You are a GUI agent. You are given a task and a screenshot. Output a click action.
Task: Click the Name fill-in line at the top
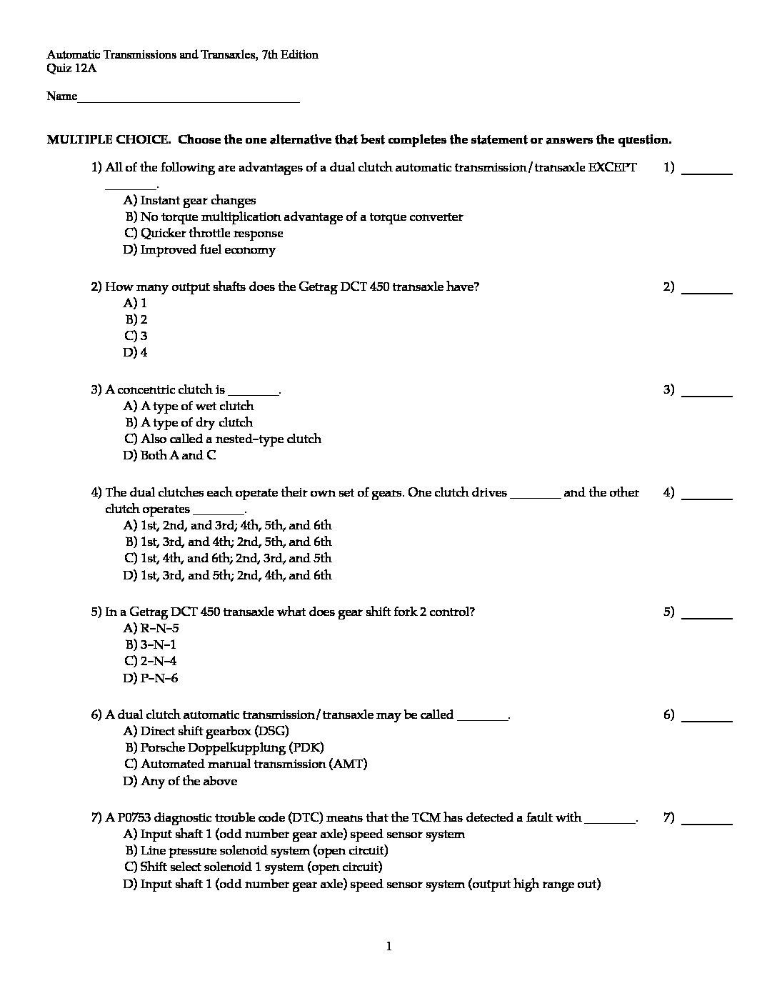189,100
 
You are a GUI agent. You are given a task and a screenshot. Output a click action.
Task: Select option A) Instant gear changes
189,201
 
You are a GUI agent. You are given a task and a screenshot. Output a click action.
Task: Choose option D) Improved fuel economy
199,250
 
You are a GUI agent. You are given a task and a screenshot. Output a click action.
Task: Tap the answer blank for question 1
707,172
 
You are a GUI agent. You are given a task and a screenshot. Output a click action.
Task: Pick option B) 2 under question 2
136,320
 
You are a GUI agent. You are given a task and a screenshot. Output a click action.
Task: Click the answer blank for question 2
707,292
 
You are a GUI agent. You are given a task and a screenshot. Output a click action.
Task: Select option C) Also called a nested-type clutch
223,439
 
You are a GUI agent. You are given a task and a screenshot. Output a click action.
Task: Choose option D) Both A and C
170,456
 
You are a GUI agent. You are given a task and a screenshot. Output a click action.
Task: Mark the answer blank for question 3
707,394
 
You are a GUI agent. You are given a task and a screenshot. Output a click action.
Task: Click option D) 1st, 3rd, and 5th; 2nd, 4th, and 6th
227,575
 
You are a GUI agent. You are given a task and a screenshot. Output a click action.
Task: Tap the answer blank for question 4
707,497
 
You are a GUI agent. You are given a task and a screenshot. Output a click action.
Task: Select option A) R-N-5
151,629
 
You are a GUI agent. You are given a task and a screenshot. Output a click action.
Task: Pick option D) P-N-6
151,678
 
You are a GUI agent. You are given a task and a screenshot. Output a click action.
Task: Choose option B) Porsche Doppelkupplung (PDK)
224,748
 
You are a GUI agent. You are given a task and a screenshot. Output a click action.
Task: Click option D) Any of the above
180,781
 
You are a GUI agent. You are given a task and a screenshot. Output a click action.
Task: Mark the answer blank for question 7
707,822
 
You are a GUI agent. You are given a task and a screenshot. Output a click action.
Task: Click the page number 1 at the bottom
388,947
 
